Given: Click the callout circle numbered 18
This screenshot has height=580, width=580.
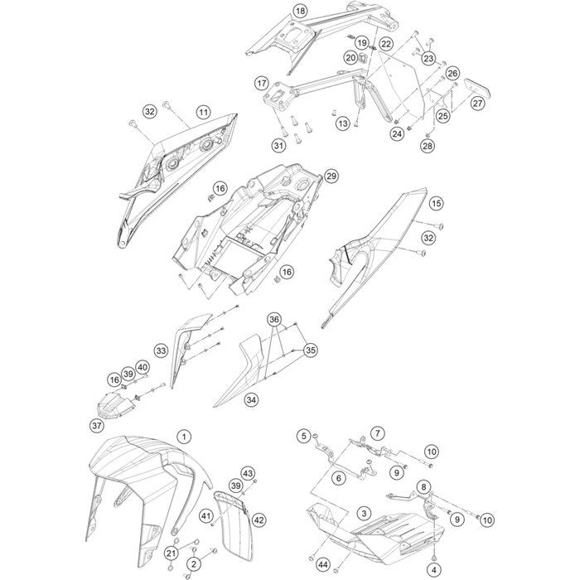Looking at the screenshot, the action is [300, 11].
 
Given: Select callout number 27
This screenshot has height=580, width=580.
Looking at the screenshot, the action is [477, 103].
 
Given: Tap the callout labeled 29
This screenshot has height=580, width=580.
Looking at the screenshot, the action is [331, 176].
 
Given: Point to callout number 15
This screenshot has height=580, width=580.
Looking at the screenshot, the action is [437, 203].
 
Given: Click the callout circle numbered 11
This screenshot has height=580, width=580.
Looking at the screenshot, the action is [203, 112].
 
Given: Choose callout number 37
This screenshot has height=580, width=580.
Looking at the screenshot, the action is [97, 426].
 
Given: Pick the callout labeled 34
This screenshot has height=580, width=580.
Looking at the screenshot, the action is [252, 400].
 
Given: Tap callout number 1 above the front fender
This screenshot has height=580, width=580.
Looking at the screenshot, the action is [184, 437].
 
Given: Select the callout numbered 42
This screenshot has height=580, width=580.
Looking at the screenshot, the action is [259, 520].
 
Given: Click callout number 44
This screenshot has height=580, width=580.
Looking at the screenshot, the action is [323, 565].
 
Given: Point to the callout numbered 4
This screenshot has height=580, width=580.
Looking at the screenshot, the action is [434, 570].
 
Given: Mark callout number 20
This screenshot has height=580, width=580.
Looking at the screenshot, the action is [350, 58].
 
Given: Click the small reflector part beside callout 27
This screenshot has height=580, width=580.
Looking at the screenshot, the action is [478, 87].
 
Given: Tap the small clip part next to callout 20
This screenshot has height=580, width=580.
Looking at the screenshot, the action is [363, 57].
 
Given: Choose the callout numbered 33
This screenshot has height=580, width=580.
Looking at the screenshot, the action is [161, 350].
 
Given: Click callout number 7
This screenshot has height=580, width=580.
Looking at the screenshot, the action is [378, 433].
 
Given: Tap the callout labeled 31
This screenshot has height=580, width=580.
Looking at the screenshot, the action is [278, 145].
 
